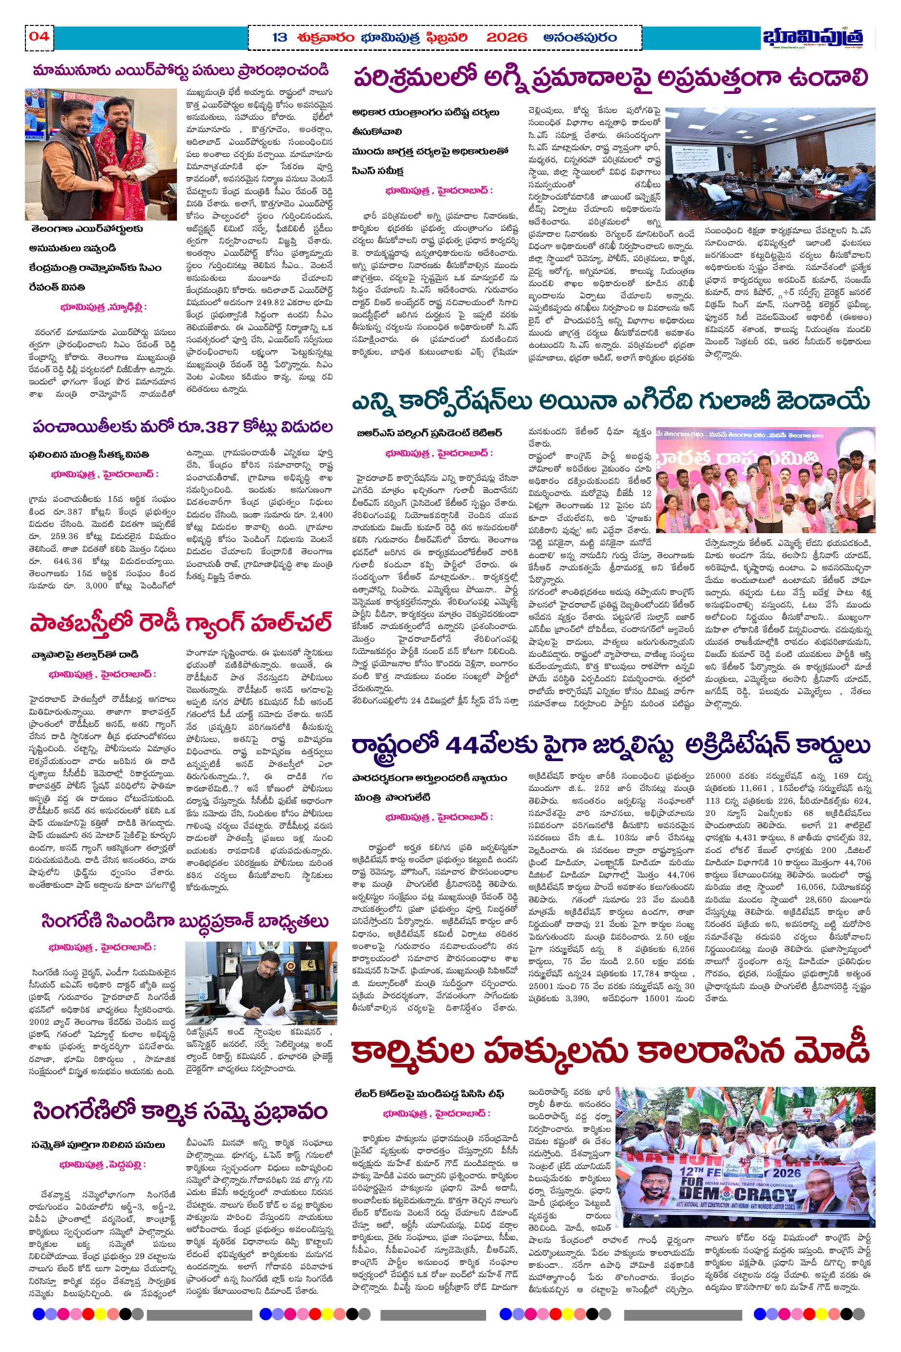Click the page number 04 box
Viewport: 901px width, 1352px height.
pyautogui.click(x=39, y=37)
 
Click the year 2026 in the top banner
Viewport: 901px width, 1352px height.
pyautogui.click(x=506, y=38)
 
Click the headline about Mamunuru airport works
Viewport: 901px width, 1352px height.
pyautogui.click(x=180, y=71)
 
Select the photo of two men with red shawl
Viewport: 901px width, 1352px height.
pyautogui.click(x=101, y=154)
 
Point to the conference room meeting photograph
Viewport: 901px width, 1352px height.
pyautogui.click(x=770, y=164)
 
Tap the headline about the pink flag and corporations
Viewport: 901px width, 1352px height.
pyautogui.click(x=610, y=401)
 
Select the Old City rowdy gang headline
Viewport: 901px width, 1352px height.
pyautogui.click(x=180, y=623)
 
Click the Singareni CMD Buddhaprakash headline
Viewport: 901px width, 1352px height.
pyautogui.click(x=184, y=922)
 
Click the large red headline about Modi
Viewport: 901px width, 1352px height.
pyautogui.click(x=610, y=1051)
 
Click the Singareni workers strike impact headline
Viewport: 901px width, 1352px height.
pyautogui.click(x=180, y=1111)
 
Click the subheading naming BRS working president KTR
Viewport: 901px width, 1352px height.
pyautogui.click(x=429, y=433)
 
